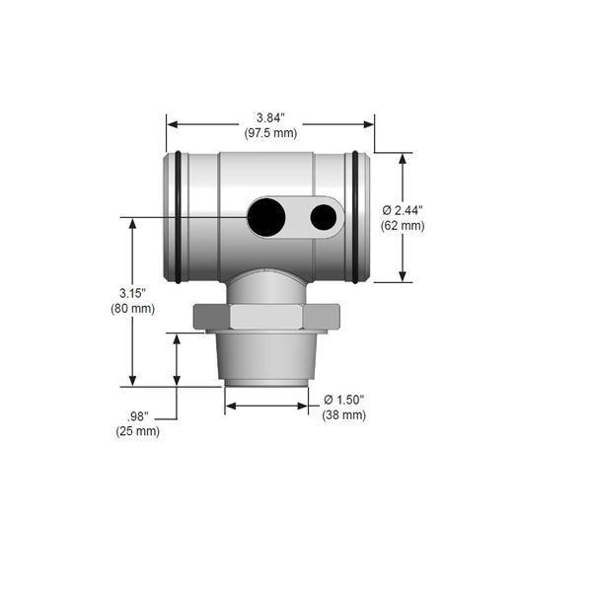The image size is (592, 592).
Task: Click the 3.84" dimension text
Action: (270, 117)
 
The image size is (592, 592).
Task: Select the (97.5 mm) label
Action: (270, 133)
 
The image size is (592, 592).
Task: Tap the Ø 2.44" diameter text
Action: (403, 210)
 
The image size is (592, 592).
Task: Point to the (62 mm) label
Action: (403, 226)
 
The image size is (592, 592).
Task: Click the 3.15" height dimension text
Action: (132, 293)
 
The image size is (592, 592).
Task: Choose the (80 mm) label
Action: (132, 309)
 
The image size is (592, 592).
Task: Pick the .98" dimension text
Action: (138, 416)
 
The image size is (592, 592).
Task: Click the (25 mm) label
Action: (138, 431)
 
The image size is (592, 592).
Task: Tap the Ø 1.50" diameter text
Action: (344, 400)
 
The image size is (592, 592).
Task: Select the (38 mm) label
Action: (344, 415)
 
